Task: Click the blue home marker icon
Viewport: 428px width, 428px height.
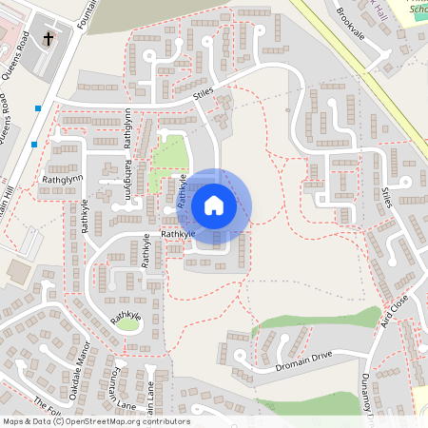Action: point(214,204)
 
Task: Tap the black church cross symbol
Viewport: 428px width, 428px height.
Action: point(49,39)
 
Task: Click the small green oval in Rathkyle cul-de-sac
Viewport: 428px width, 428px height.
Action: point(127,323)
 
